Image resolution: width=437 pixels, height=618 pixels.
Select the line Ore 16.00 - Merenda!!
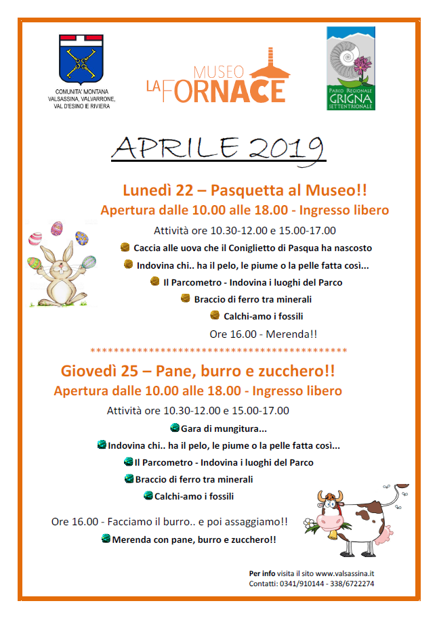click(x=264, y=334)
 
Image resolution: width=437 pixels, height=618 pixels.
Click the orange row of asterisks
click(x=218, y=351)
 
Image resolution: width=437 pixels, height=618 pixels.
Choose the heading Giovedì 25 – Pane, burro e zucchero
click(x=198, y=371)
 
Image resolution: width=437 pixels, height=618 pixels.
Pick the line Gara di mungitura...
click(x=224, y=428)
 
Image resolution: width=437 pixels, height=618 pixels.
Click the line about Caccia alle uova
click(x=252, y=248)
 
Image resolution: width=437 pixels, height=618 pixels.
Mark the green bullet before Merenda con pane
click(x=106, y=539)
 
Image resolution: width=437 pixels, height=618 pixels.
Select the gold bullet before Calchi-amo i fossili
click(x=215, y=315)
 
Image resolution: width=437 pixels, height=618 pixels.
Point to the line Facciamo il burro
click(x=169, y=522)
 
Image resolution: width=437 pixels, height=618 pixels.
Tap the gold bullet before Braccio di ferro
click(x=185, y=299)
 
